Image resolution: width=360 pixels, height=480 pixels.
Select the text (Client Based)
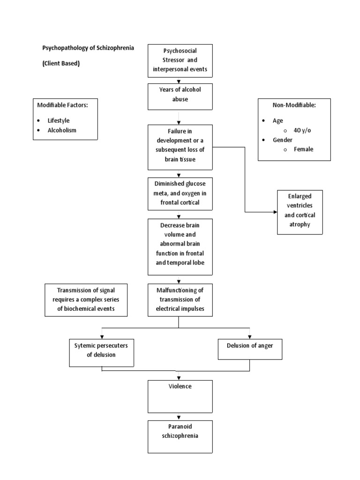(x=61, y=64)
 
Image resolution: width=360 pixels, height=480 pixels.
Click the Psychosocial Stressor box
(x=180, y=61)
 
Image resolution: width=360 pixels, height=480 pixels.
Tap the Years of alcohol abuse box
(x=180, y=96)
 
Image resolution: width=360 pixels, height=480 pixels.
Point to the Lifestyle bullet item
(x=58, y=120)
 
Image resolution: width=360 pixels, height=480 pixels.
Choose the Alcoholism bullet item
(x=61, y=130)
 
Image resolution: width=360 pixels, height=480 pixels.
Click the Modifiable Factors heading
(x=62, y=105)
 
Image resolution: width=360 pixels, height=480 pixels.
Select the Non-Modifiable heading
(x=294, y=105)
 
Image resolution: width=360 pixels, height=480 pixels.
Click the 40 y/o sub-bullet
(x=302, y=130)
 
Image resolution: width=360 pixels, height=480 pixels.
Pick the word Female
(x=303, y=149)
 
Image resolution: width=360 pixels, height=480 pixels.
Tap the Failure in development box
(x=180, y=146)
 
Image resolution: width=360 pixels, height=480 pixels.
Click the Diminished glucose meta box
(x=180, y=193)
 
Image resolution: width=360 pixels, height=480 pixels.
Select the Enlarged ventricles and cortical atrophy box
(x=300, y=212)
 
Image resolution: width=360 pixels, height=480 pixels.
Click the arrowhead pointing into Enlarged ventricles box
(x=275, y=212)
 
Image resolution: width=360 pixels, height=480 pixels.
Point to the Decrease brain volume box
(x=180, y=247)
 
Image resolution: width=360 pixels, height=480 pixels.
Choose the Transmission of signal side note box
(x=85, y=300)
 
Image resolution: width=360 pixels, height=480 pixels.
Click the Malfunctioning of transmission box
(x=180, y=300)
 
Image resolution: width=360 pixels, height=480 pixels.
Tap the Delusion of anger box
(x=250, y=346)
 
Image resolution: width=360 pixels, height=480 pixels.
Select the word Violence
(x=180, y=387)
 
